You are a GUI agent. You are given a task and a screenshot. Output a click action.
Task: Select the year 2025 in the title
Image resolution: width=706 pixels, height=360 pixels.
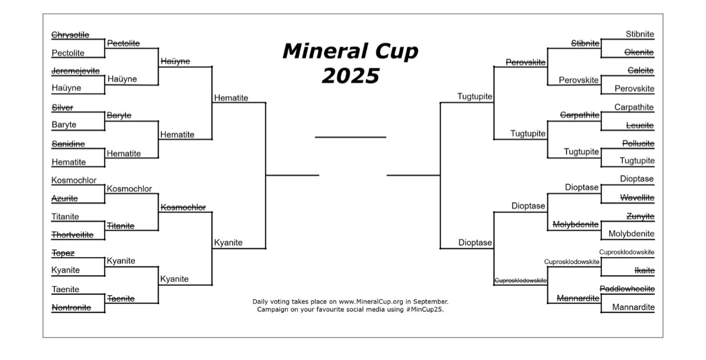click(350, 76)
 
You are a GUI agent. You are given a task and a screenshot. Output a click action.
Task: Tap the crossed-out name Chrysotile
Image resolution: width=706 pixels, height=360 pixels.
click(70, 34)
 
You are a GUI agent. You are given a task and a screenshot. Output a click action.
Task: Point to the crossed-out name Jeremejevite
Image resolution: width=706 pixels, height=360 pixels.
click(76, 71)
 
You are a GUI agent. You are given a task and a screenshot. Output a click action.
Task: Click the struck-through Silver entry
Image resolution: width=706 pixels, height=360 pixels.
click(62, 107)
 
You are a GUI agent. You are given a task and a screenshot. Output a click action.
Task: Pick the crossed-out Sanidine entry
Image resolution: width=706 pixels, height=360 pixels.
click(68, 144)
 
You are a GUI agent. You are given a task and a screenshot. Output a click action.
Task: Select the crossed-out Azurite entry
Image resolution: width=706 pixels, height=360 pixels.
click(65, 199)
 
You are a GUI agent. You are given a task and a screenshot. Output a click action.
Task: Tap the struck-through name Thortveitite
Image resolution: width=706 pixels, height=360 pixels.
click(72, 235)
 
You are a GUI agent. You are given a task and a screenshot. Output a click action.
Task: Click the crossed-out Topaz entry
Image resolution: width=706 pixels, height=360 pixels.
click(63, 253)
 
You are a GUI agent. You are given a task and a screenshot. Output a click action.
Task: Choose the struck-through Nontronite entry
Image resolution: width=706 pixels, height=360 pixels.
click(71, 307)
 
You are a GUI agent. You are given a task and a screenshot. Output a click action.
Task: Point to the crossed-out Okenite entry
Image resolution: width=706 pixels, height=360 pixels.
click(639, 53)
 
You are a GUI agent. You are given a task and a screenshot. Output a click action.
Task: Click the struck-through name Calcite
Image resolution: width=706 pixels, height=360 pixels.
click(640, 70)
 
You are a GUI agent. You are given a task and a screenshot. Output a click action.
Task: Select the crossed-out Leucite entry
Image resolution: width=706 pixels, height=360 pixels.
click(640, 125)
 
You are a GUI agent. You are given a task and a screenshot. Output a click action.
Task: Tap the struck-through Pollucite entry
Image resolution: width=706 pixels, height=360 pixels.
click(638, 144)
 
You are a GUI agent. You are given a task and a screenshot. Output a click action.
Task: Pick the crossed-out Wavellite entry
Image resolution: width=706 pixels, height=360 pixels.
click(637, 198)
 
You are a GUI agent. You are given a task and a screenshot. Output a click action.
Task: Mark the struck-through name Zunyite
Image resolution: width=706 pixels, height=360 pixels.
click(640, 216)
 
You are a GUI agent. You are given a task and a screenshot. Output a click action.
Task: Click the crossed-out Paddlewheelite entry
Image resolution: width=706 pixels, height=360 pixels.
click(627, 289)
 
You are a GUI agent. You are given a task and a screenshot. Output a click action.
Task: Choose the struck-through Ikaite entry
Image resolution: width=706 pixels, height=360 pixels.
click(645, 271)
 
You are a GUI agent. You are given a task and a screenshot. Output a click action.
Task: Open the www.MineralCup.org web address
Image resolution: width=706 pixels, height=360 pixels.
click(371, 301)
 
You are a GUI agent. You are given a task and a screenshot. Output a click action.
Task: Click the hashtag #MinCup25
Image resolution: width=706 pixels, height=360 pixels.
click(425, 309)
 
